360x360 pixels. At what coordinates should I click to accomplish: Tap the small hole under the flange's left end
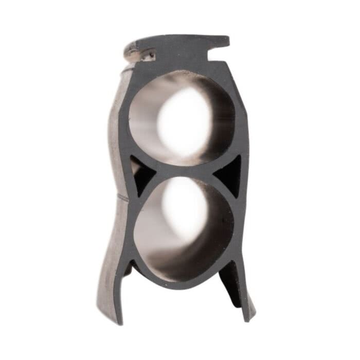click(x=152, y=52)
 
